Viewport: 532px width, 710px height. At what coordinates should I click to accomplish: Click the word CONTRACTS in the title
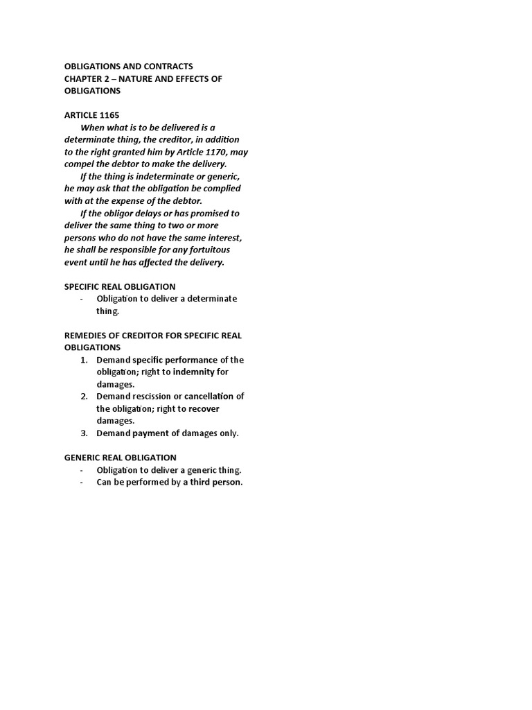click(x=164, y=67)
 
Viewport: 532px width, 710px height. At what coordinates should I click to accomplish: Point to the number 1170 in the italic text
click(x=217, y=152)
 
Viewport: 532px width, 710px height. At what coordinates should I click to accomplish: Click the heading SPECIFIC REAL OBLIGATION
click(x=120, y=286)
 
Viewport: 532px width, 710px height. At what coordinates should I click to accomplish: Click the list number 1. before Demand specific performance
click(x=85, y=360)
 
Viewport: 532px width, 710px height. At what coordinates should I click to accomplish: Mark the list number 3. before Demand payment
click(x=85, y=433)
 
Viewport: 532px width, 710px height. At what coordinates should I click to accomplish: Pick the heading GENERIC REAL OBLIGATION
click(x=121, y=458)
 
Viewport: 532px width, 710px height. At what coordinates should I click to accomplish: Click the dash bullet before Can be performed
click(x=82, y=483)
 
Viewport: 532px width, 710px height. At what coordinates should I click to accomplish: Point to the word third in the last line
click(x=202, y=483)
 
